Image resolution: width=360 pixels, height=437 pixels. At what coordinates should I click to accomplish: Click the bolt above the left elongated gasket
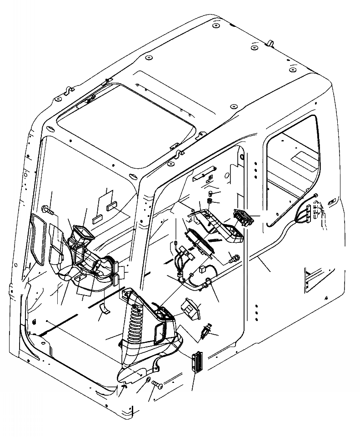[x=47, y=210]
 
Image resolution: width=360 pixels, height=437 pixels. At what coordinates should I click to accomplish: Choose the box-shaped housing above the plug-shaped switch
[x=190, y=310]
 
